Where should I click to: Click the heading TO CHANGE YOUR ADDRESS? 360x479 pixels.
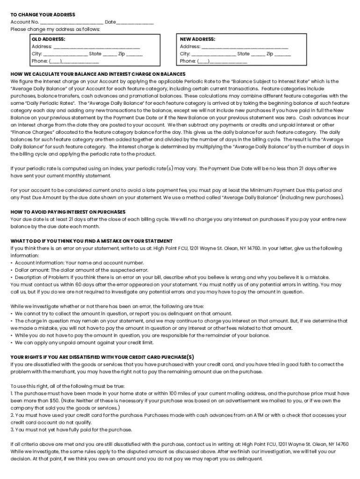point(43,15)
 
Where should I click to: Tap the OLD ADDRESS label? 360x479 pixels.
point(48,39)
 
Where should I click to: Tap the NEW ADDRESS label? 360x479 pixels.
point(197,39)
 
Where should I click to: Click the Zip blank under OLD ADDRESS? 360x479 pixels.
point(134,54)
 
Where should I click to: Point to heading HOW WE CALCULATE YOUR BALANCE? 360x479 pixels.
point(98,74)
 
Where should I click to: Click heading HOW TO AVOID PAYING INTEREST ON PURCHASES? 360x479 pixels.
point(68,212)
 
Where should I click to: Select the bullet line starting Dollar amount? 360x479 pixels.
point(79,270)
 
